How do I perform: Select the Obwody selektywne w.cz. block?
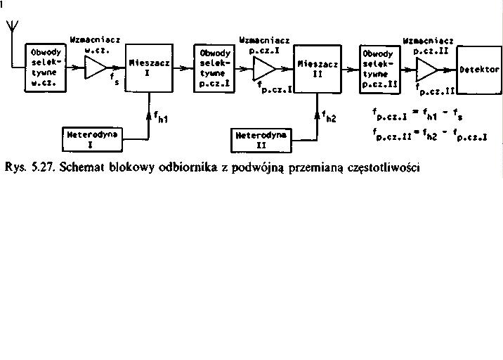coord(44,67)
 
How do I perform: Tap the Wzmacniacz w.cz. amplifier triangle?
coord(94,67)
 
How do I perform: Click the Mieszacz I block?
coord(150,67)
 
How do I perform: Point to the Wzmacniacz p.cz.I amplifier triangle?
coord(264,68)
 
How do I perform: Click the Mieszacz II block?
coord(318,67)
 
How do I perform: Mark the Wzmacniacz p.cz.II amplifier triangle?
coord(427,69)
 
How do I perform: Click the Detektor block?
coord(480,70)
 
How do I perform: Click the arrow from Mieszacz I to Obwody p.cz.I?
coord(183,67)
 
